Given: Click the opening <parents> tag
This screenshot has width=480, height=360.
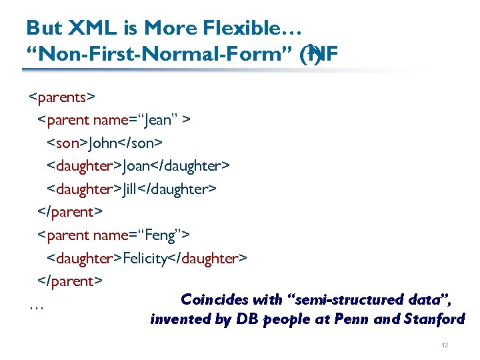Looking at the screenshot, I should [x=62, y=97].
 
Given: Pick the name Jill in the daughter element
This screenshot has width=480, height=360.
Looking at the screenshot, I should [x=135, y=189].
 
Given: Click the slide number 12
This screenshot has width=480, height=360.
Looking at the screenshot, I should [x=445, y=345].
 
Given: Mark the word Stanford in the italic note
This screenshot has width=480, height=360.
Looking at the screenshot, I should [x=434, y=319].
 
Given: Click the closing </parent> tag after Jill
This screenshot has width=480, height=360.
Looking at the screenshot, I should [x=69, y=212].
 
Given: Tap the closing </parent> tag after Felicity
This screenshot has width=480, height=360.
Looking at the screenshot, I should [x=69, y=281].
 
